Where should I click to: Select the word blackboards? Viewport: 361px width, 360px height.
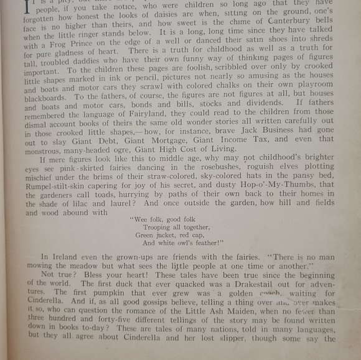pyautogui.click(x=47, y=98)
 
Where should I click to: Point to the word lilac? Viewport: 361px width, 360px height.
pyautogui.click(x=92, y=203)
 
